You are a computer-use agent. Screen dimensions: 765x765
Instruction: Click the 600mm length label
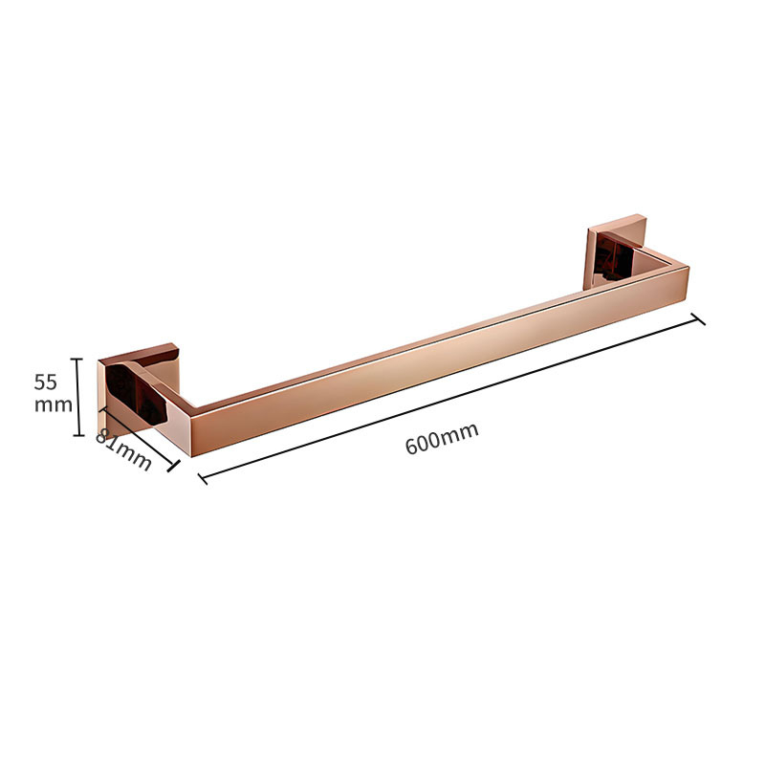point(442,438)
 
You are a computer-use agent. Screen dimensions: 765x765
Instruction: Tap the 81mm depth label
point(123,449)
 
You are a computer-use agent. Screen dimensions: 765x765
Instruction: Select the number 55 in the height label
point(45,382)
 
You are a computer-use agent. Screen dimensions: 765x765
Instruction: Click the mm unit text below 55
point(54,404)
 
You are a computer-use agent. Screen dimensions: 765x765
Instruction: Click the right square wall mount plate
point(616,252)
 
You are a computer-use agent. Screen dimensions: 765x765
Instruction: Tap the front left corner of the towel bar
point(190,456)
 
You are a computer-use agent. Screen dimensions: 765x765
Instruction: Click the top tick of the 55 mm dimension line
point(77,360)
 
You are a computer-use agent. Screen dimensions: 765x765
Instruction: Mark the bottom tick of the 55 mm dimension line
point(78,435)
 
